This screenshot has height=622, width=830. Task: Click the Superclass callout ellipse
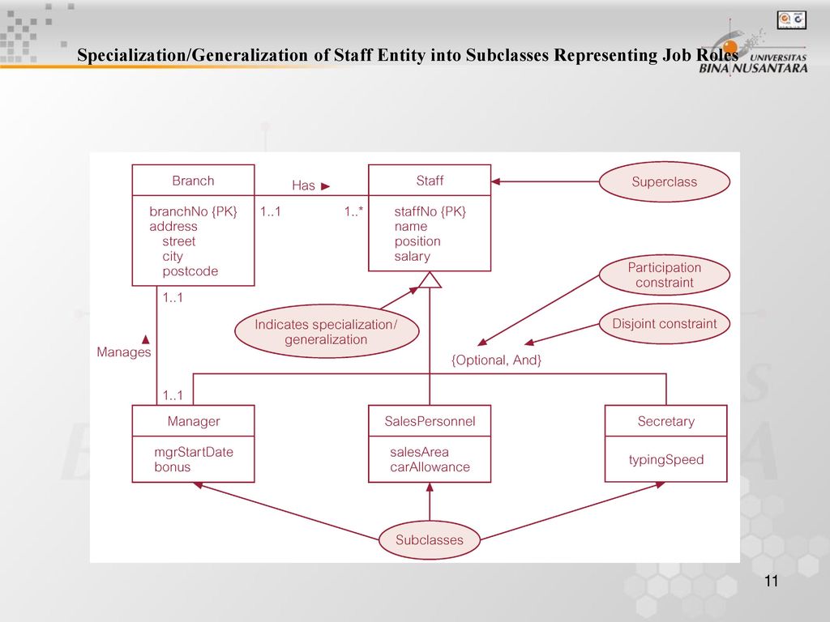(x=665, y=182)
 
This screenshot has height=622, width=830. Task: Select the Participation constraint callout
(x=665, y=275)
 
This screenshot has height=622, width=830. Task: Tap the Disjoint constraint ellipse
(x=665, y=324)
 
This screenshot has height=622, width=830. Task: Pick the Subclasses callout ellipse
(x=430, y=540)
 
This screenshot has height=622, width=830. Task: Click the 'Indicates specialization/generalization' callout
(x=327, y=331)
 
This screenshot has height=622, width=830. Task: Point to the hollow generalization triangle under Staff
(x=430, y=280)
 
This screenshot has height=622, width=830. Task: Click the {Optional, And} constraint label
(x=496, y=360)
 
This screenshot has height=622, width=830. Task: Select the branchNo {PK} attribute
(x=193, y=211)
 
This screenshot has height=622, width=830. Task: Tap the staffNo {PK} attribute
(x=430, y=211)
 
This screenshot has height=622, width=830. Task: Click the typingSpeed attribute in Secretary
(x=666, y=460)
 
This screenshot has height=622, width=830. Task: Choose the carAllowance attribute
(x=430, y=467)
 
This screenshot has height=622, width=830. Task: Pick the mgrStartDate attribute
(x=194, y=452)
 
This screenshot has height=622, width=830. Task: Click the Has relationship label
(x=303, y=185)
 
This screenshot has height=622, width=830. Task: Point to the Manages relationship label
(x=124, y=352)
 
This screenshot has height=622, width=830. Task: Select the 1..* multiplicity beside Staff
(x=353, y=211)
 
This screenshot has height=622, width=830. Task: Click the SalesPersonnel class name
(x=430, y=421)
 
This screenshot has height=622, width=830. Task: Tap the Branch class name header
(x=193, y=181)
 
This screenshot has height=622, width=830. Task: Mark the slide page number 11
(x=772, y=582)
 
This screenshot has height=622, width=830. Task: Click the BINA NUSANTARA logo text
(x=753, y=68)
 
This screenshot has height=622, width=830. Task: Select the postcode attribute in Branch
(x=190, y=271)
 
